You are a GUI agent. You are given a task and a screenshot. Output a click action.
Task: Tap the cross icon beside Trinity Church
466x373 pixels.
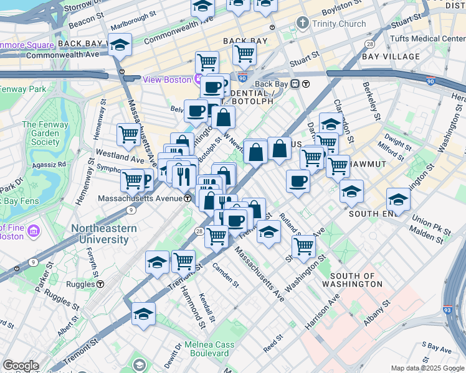click(303, 24)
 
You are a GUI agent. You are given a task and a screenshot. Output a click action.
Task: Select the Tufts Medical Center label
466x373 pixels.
click(427, 39)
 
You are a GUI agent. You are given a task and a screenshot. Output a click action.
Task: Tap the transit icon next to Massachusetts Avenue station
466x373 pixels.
click(188, 198)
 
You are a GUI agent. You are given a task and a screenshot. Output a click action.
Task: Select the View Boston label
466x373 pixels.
click(167, 80)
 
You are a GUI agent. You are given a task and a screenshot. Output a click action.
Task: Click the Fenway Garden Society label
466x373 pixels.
click(41, 134)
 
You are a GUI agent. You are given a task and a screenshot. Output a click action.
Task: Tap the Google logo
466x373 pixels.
click(21, 366)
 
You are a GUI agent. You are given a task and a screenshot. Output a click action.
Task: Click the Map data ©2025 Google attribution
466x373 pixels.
click(427, 368)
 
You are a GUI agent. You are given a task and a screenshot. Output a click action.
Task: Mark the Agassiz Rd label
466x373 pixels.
click(52, 165)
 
